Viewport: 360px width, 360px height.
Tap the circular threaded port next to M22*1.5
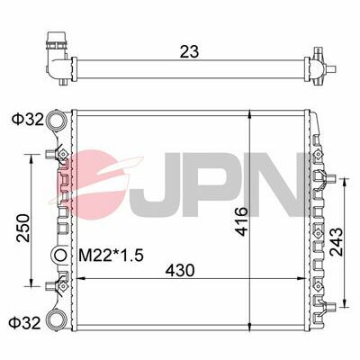[61, 256]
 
